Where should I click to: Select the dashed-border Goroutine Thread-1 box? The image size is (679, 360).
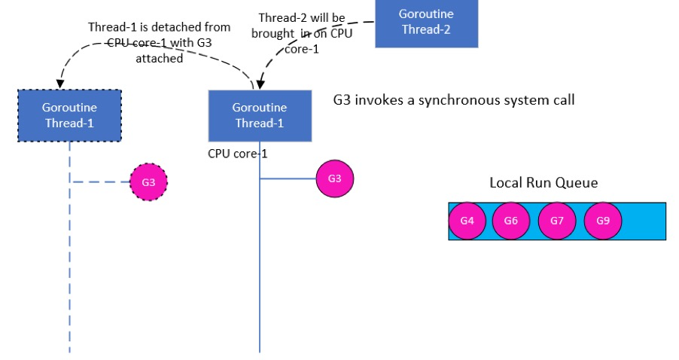tap(69, 115)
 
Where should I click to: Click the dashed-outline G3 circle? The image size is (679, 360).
tap(148, 182)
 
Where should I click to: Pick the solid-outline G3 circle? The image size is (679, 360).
tap(334, 179)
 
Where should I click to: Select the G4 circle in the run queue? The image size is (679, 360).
tap(467, 221)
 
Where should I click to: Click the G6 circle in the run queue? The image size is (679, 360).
tap(511, 221)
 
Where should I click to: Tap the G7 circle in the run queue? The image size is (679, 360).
tap(557, 221)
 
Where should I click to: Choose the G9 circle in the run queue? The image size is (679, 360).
tap(602, 221)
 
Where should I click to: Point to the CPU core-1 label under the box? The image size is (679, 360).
tap(238, 154)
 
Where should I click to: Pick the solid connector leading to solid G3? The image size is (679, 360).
tap(288, 179)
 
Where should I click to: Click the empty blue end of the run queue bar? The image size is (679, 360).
tap(645, 221)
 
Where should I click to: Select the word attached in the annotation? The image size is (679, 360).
tap(160, 58)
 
